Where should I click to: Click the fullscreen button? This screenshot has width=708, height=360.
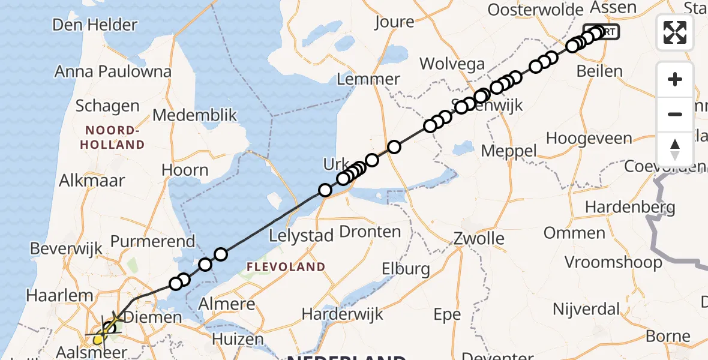click(675, 32)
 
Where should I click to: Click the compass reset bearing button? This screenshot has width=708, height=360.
click(675, 149)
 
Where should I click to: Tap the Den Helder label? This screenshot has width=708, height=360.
click(95, 25)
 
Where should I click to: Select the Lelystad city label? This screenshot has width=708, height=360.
click(301, 236)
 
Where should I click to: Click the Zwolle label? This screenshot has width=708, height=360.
click(479, 238)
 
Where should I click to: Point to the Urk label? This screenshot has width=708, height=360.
click(336, 164)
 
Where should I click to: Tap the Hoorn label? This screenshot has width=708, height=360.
click(185, 170)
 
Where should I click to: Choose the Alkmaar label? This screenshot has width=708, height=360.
click(92, 181)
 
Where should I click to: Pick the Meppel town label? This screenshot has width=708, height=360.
click(509, 151)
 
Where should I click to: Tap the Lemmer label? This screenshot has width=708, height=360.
click(368, 79)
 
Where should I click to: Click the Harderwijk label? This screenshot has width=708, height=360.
click(343, 314)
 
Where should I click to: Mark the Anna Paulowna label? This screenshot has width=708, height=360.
click(113, 72)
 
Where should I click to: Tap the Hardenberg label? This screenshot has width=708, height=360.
click(630, 208)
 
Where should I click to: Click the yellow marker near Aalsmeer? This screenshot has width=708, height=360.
click(98, 340)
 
